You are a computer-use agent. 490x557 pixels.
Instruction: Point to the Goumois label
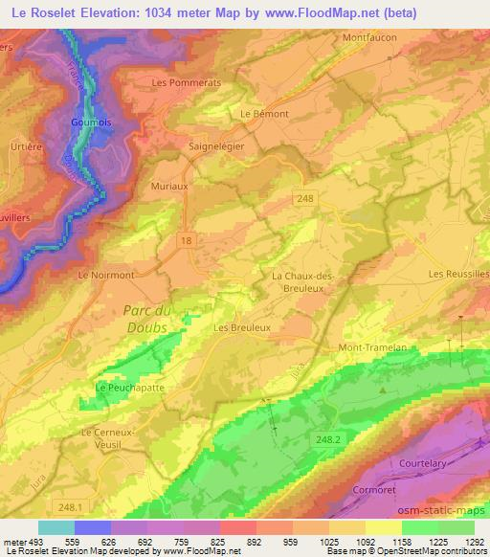[90, 123]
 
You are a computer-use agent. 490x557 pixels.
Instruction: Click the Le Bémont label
[264, 113]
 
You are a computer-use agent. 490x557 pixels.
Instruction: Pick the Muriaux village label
[167, 188]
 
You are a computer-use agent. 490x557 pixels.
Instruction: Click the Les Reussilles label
[457, 274]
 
